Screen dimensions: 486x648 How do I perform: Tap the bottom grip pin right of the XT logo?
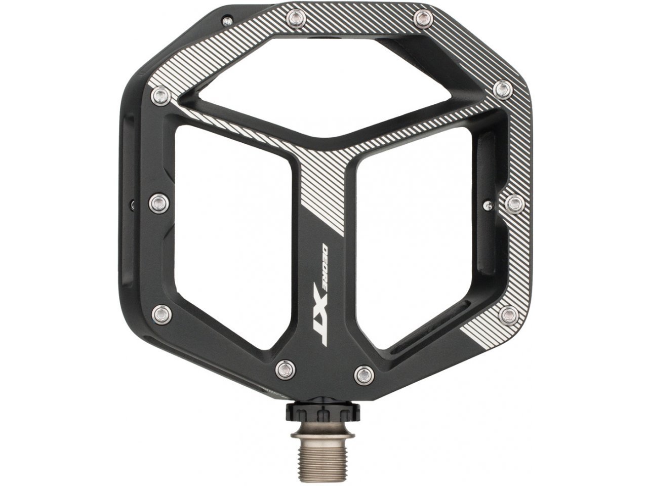pyautogui.click(x=363, y=374)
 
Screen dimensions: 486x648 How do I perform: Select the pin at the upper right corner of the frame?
pyautogui.click(x=502, y=90)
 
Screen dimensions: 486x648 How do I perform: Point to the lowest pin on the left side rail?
pyautogui.click(x=162, y=311)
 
